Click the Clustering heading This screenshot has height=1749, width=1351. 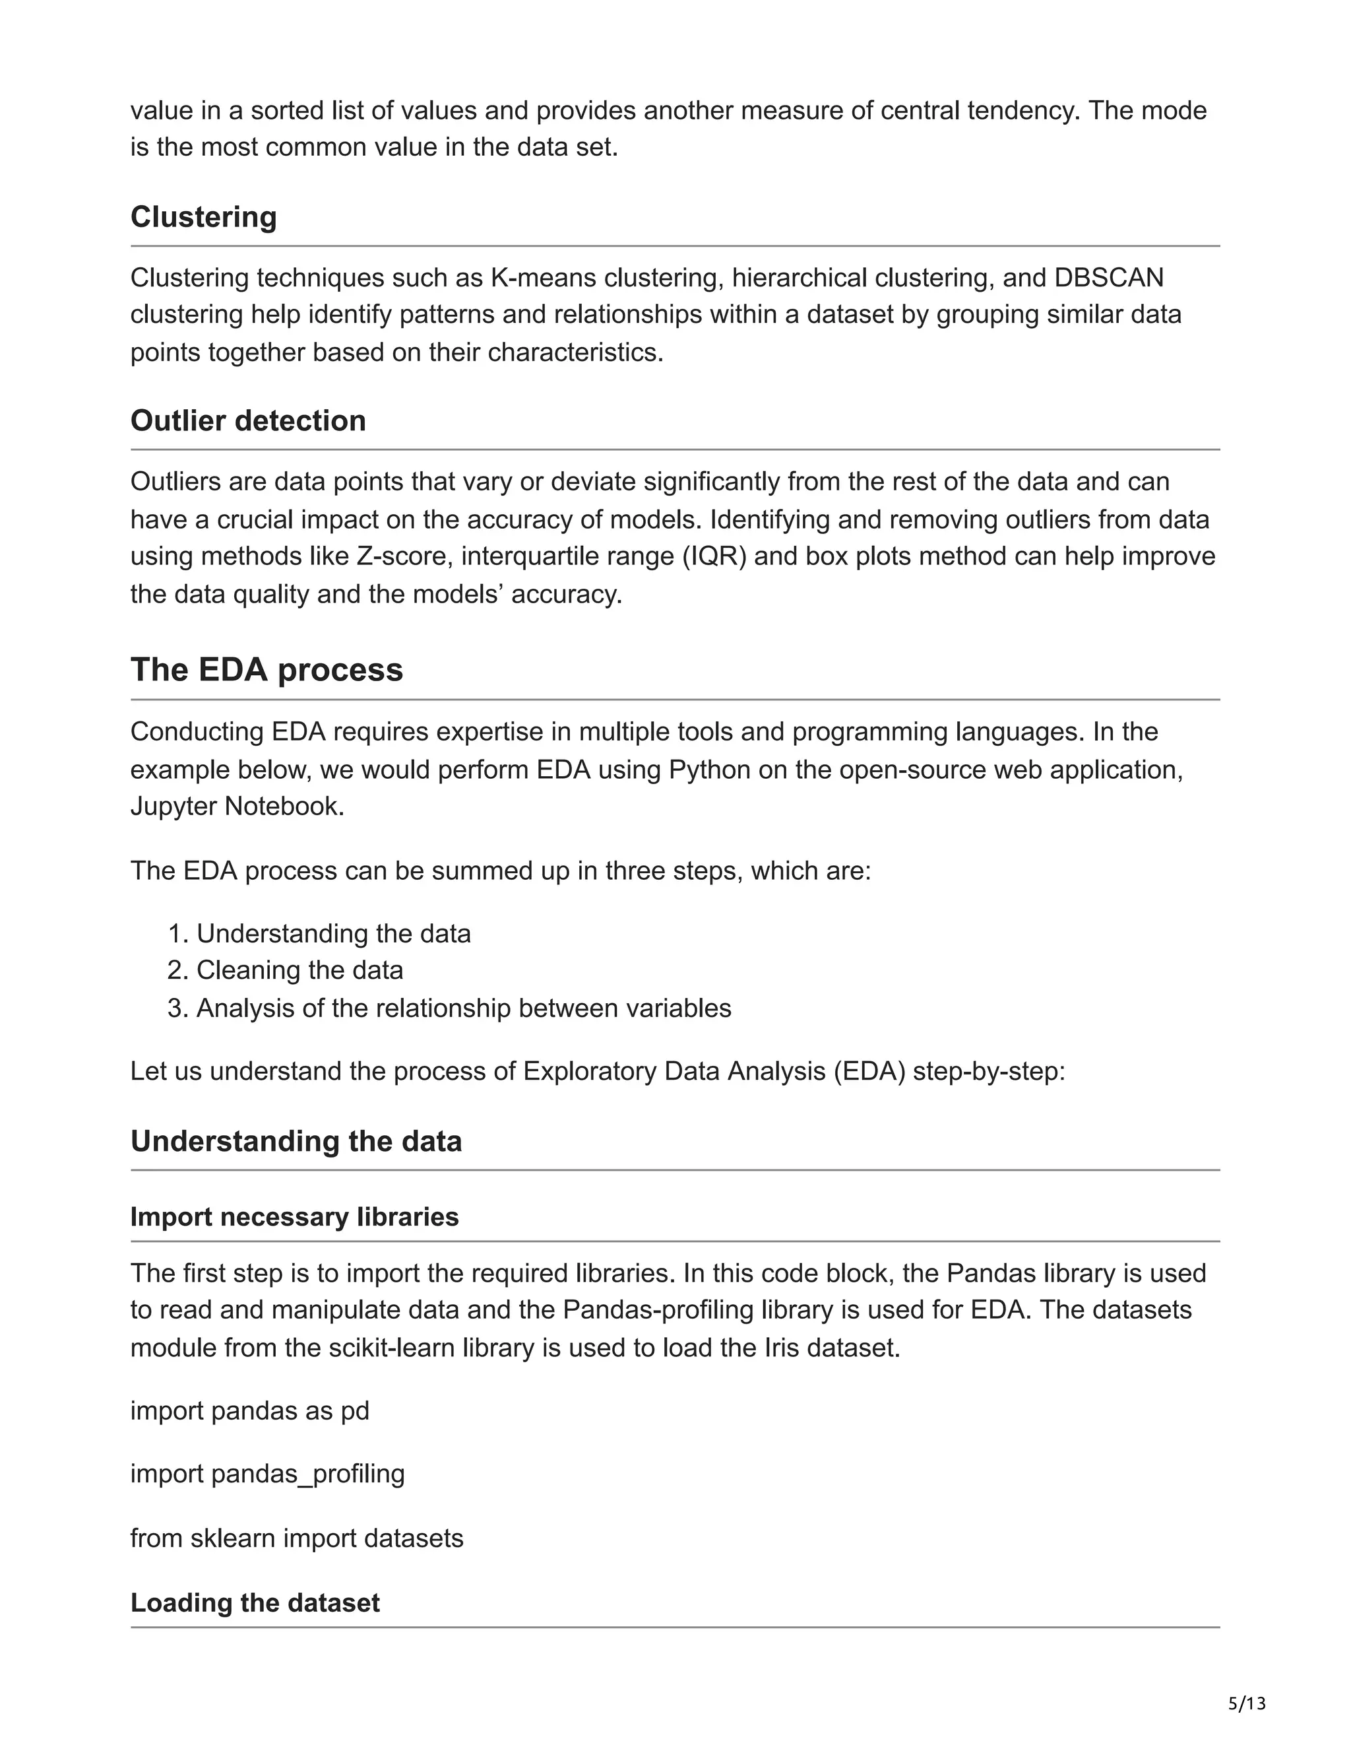point(203,217)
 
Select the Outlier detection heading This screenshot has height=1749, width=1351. point(248,420)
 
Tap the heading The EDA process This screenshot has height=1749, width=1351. point(267,669)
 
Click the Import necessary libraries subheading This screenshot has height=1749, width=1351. point(294,1216)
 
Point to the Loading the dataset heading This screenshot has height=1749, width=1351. point(255,1602)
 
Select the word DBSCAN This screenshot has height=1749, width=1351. point(1108,278)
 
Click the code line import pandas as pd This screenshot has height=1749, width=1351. point(250,1410)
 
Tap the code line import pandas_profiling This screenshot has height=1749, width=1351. point(267,1474)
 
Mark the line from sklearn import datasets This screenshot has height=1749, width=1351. point(297,1538)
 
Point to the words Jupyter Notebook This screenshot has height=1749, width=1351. point(237,807)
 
